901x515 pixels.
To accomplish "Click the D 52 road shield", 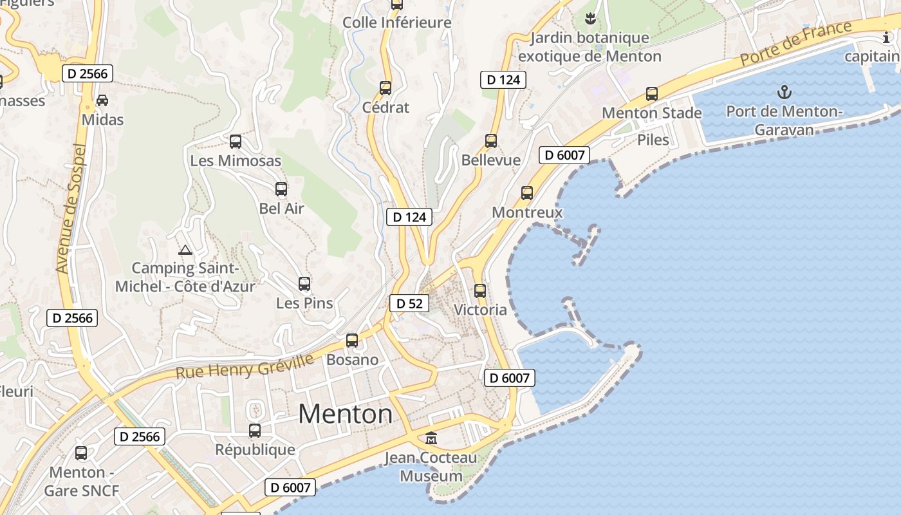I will click(409, 303).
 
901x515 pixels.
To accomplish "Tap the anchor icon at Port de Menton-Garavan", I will click(784, 92).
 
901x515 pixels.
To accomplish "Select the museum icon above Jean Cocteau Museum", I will click(431, 438).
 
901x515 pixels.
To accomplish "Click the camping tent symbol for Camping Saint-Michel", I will click(185, 250).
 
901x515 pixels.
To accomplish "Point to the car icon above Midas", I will click(102, 100).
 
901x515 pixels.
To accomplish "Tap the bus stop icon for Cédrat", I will click(385, 88).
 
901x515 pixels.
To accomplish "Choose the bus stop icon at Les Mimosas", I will click(236, 141).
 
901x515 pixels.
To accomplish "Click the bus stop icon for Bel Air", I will click(281, 189).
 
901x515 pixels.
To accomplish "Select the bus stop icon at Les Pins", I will click(304, 283).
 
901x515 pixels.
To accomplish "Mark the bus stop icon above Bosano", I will click(352, 341).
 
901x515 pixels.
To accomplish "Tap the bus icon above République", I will click(255, 430).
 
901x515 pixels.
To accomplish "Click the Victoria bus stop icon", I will click(480, 290).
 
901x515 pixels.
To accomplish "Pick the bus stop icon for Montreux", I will click(527, 192).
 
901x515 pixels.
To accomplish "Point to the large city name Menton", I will click(346, 413).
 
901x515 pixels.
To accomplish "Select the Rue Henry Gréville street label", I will click(245, 366).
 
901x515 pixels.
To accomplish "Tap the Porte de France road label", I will click(795, 43).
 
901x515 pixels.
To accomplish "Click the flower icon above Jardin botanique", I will click(590, 17).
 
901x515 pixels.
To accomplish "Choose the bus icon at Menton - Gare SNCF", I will click(81, 453).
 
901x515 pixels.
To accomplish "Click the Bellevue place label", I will click(491, 160).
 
